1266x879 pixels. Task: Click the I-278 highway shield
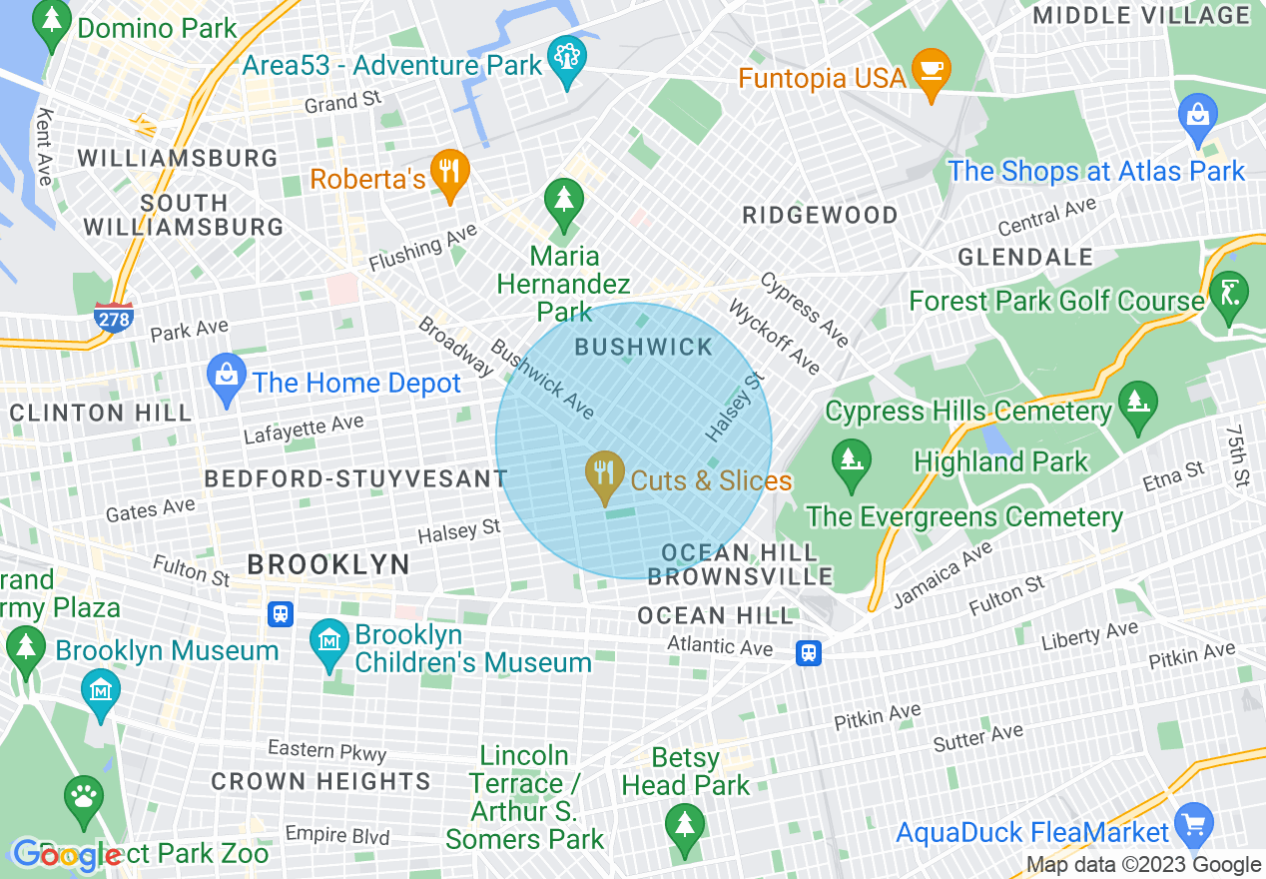coord(114,317)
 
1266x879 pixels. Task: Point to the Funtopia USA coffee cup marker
coord(932,72)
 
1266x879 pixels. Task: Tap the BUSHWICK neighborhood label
coord(644,348)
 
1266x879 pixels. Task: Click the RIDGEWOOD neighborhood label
coord(820,215)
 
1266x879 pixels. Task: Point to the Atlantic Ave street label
coord(720,646)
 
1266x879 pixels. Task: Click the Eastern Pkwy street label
coord(326,750)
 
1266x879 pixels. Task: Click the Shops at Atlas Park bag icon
coord(1198,117)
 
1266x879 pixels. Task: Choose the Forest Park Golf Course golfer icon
coord(1228,292)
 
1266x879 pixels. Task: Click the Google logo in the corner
coord(67,856)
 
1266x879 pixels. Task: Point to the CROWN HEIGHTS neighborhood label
coord(320,781)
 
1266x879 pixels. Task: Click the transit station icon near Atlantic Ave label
coord(809,652)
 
